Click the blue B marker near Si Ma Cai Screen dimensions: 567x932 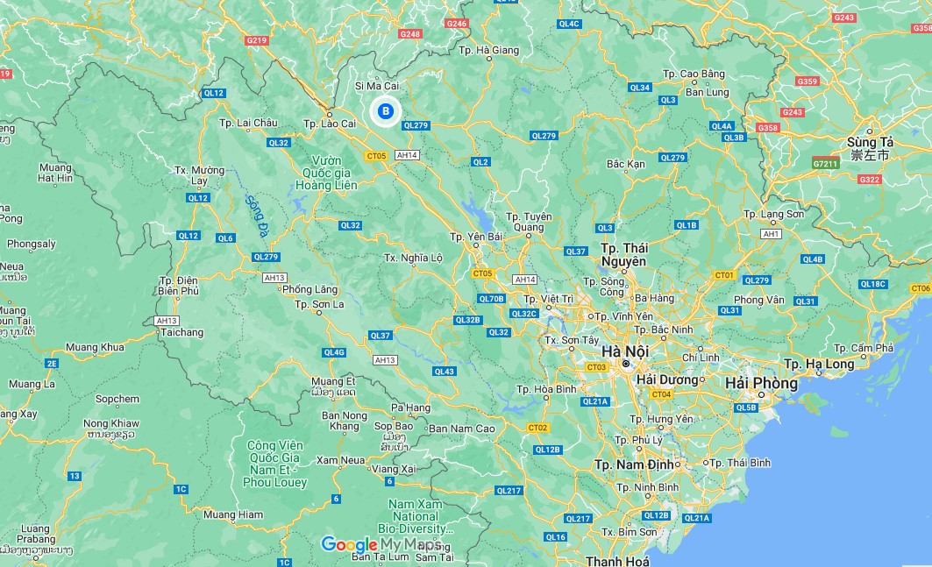pos(385,111)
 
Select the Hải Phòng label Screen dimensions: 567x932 pos(761,383)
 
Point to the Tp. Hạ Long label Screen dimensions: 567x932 pos(818,364)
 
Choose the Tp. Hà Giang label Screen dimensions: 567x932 pos(488,51)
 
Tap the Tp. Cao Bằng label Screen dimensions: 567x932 pos(694,74)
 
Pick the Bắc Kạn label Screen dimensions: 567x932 pos(625,164)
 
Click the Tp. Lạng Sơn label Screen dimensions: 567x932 pos(772,214)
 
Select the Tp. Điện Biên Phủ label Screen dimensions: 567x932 pos(179,286)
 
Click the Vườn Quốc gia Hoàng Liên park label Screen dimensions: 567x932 pos(320,173)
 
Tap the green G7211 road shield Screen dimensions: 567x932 pos(825,163)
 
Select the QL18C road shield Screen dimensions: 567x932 pos(873,284)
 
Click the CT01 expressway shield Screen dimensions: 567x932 pos(723,275)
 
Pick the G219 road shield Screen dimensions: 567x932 pos(256,40)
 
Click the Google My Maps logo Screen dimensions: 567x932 pos(381,544)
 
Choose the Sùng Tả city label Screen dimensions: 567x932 pos(869,148)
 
